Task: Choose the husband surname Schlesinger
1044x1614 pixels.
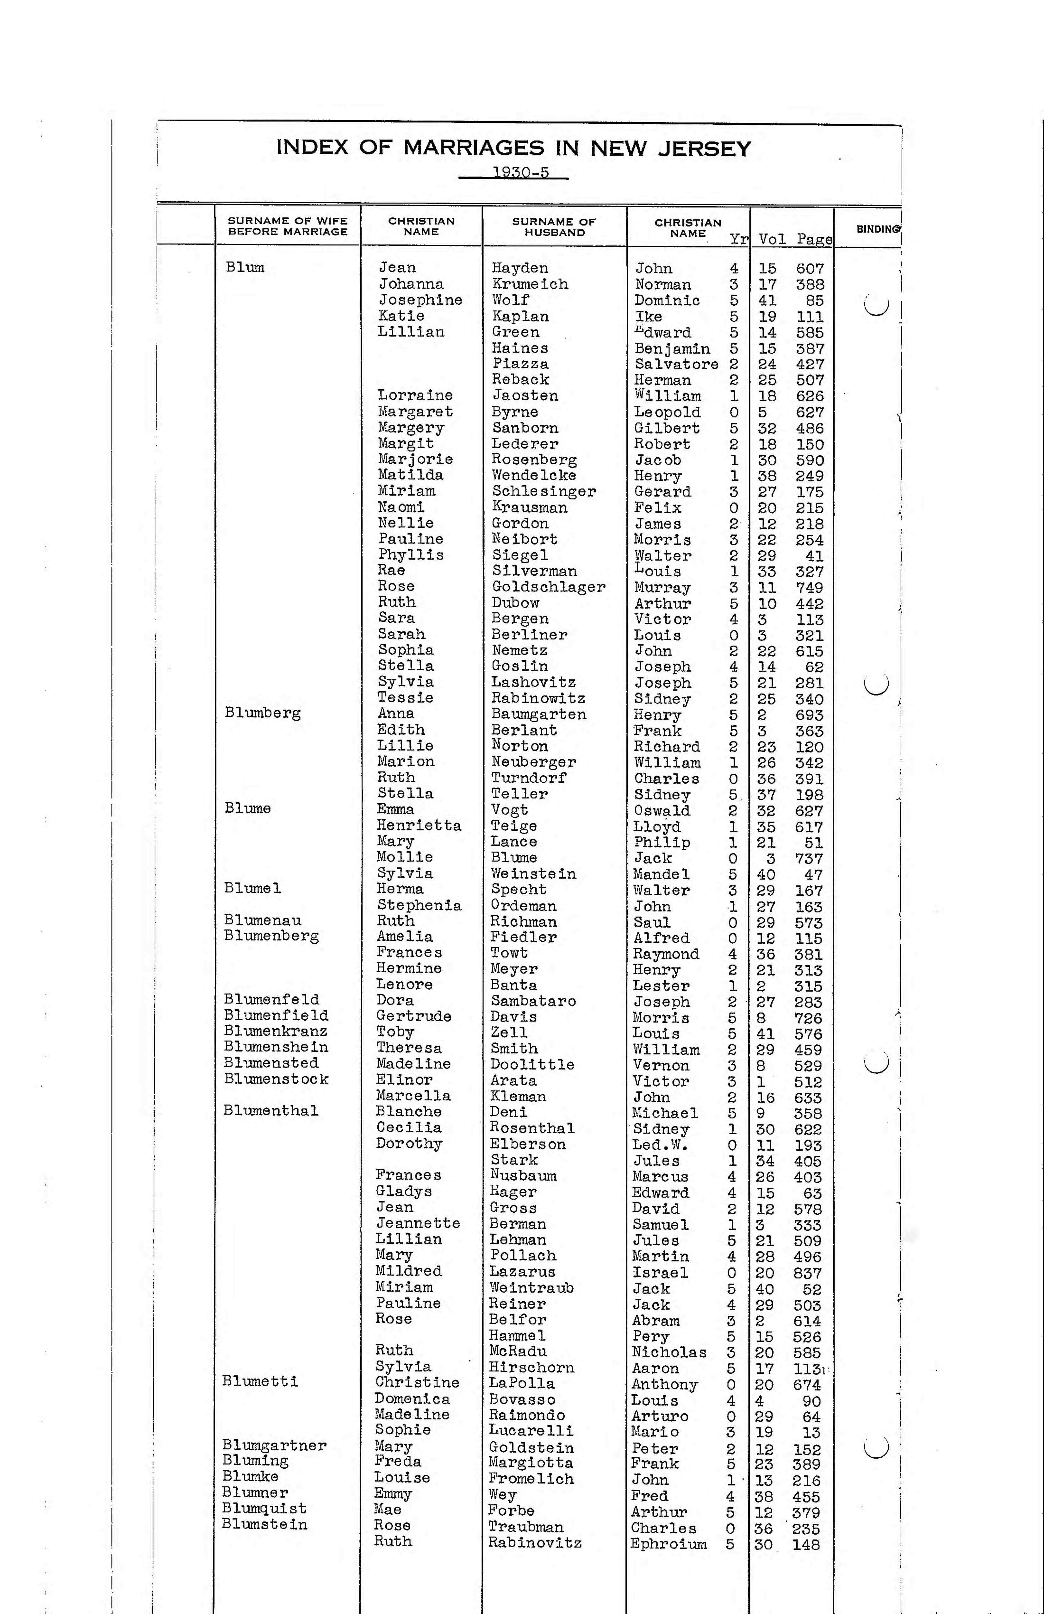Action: point(544,492)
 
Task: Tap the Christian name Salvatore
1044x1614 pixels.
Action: point(676,364)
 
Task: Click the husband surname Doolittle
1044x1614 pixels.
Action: point(532,1064)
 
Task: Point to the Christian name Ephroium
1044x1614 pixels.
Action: point(668,1544)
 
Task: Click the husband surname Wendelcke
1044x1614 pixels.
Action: point(533,475)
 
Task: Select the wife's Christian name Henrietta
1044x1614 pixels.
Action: point(419,825)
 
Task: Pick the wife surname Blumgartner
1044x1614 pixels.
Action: point(275,1445)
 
